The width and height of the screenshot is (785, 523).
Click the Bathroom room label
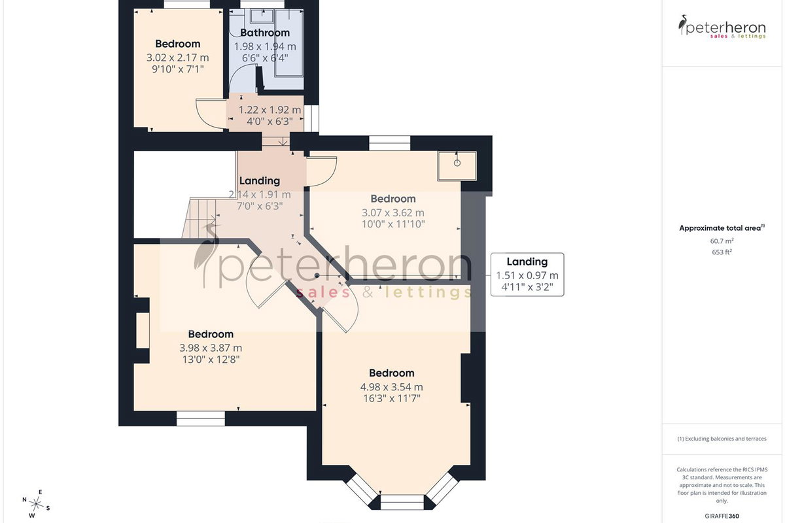click(x=265, y=33)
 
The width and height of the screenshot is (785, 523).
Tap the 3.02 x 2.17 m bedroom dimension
click(x=178, y=58)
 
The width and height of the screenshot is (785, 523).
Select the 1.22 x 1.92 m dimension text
click(x=270, y=110)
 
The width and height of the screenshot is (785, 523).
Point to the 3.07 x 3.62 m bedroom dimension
click(x=393, y=212)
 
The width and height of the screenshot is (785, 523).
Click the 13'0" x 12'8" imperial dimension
click(x=211, y=360)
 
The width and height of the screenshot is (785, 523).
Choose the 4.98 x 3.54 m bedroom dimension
click(x=391, y=387)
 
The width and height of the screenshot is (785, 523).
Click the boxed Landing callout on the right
click(x=527, y=275)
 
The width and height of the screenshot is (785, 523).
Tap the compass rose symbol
click(x=36, y=504)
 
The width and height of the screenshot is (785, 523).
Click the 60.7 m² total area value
click(x=722, y=241)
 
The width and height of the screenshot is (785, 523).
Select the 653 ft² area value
click(x=722, y=252)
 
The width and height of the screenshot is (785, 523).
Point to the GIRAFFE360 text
click(x=722, y=516)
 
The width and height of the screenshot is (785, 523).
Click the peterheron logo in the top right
click(x=722, y=27)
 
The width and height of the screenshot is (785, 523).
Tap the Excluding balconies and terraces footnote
click(x=722, y=439)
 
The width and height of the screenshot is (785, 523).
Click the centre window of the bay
click(x=402, y=502)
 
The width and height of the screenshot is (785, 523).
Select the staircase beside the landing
click(x=199, y=218)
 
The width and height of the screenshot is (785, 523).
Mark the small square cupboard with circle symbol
click(x=457, y=165)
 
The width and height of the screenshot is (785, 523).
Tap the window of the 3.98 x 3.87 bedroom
click(x=200, y=418)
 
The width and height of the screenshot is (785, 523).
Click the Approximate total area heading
click(x=722, y=228)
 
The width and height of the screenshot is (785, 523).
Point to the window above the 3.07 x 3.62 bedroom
click(x=389, y=143)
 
